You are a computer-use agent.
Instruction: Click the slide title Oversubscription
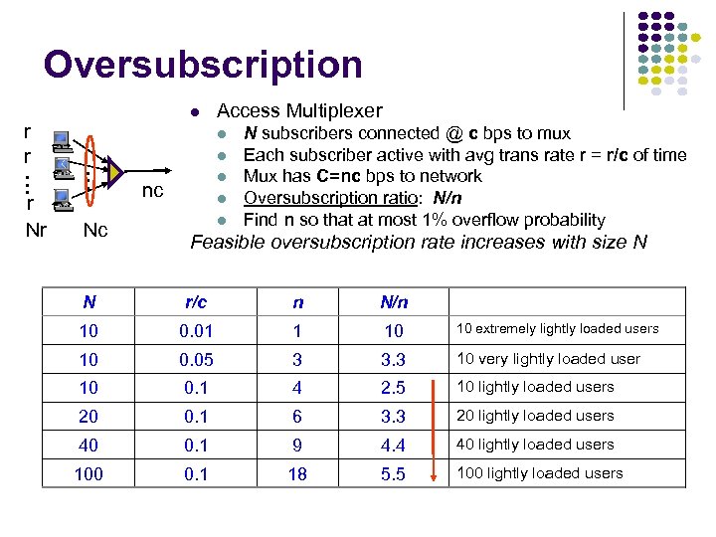203,65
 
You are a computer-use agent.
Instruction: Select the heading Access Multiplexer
299,110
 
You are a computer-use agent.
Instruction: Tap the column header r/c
196,301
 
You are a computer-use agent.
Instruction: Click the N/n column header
394,301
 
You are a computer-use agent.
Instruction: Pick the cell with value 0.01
196,330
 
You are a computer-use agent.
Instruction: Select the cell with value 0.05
196,359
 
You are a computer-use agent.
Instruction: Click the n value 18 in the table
297,474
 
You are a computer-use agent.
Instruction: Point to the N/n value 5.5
394,474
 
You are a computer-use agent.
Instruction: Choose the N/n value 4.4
394,446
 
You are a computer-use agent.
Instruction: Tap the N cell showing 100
89,474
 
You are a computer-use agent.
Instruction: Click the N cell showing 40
89,446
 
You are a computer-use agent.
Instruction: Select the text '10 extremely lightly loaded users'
557,329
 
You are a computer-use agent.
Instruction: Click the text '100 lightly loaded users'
539,473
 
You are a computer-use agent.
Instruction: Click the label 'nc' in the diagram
152,190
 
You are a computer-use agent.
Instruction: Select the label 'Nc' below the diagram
95,231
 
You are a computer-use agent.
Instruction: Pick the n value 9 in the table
297,446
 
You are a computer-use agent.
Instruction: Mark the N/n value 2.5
394,388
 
